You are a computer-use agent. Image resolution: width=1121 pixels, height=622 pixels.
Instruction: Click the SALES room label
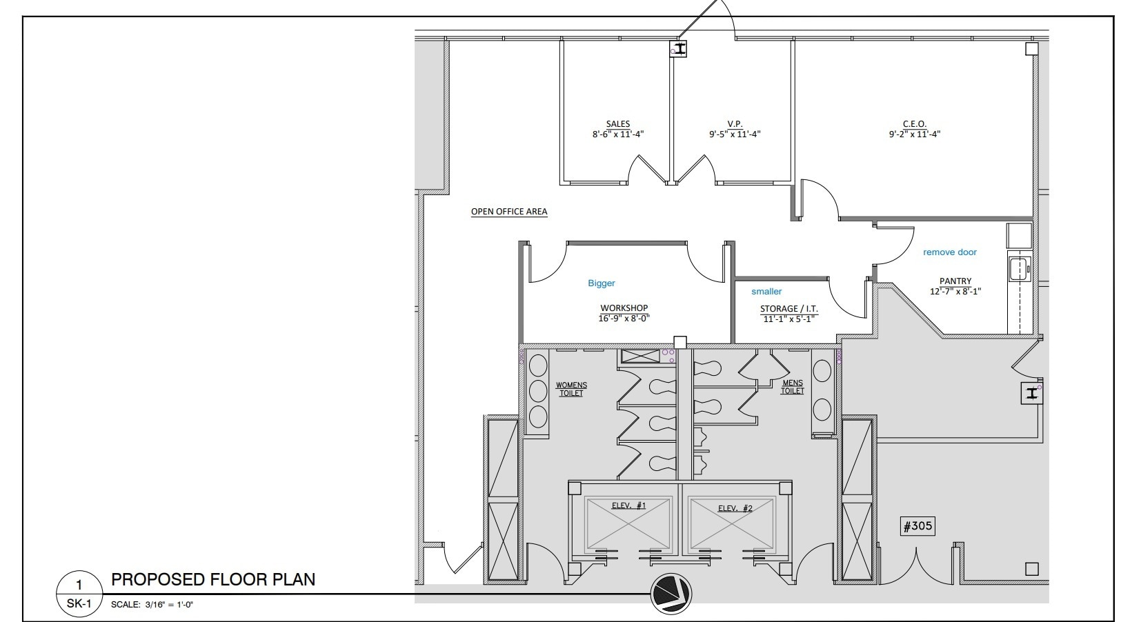coord(617,124)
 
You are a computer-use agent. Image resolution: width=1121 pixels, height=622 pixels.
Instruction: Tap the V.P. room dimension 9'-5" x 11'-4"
coord(734,134)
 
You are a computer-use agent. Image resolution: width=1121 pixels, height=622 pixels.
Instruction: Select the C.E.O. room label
coord(914,124)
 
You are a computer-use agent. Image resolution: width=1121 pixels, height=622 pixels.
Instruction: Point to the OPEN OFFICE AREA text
coord(509,212)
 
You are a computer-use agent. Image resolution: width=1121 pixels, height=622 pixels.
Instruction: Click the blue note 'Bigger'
coord(601,283)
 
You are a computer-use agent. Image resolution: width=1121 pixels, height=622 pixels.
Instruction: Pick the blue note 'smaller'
coord(766,292)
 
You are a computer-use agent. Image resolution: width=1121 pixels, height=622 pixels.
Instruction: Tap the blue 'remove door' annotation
coord(949,252)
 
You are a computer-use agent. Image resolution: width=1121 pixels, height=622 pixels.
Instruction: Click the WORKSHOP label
coord(624,308)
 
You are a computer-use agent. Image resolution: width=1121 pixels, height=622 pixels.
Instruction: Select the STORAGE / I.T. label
coord(788,309)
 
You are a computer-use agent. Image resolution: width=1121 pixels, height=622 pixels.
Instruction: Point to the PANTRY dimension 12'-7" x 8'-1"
coord(955,292)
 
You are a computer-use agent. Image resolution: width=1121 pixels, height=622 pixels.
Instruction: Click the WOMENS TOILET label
coord(571,389)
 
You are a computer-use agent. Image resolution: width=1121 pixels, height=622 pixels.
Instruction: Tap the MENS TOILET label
coord(792,387)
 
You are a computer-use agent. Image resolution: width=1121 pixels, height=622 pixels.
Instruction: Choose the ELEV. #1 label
coord(628,506)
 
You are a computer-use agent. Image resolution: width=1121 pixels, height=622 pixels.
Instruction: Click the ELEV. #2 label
coord(735,508)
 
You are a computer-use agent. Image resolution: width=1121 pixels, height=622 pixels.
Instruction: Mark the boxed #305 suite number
coord(917,526)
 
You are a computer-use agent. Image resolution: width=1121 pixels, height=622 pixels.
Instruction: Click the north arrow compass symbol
coord(671,592)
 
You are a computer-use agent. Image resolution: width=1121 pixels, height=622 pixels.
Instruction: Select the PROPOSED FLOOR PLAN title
coord(213,579)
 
